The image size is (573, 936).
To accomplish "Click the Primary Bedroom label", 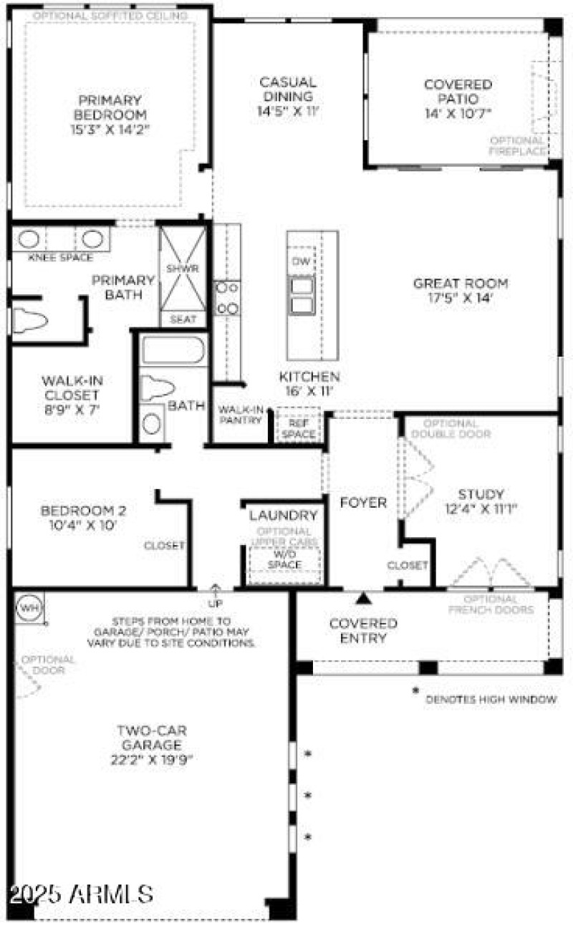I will tap(110, 107).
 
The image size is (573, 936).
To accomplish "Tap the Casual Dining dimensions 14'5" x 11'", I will tap(288, 111).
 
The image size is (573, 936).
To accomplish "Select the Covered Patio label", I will tap(458, 91).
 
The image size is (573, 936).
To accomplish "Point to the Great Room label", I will tap(461, 283).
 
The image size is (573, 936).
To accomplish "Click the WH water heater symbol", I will tap(29, 607).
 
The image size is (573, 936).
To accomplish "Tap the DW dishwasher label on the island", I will tap(301, 262).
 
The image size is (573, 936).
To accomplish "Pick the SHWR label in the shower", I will tap(182, 268).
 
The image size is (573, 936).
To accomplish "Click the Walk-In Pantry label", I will tap(241, 415).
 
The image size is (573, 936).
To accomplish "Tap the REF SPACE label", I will tap(298, 428).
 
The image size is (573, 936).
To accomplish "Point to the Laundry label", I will tap(283, 515).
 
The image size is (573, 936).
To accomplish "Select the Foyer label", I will tap(363, 502).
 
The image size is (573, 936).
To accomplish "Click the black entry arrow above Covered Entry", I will tap(364, 598).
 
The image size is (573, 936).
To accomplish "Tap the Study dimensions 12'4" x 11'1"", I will tap(481, 509).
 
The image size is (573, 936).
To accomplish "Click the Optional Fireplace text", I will tap(516, 145).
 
